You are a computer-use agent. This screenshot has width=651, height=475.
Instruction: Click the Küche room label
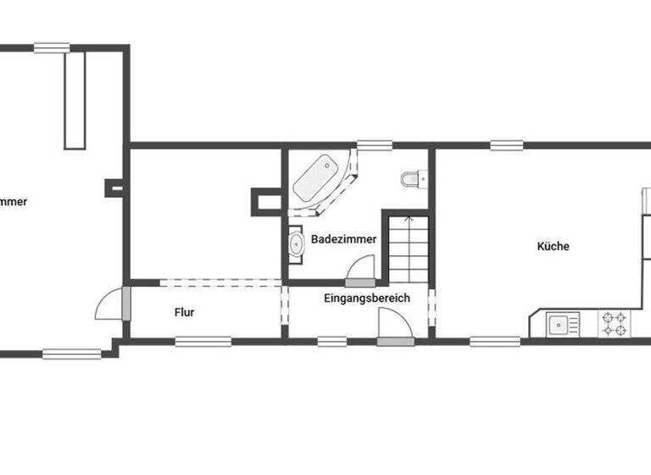[x=553, y=247]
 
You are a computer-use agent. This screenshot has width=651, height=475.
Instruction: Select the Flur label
[x=184, y=312]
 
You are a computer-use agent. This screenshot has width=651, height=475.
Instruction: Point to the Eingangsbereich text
[x=367, y=298]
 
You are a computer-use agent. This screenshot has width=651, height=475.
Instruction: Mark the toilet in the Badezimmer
[x=411, y=179]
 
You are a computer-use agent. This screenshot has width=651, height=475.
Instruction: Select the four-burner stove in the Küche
[x=615, y=323]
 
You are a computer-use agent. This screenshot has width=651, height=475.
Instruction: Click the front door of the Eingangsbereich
[x=392, y=327]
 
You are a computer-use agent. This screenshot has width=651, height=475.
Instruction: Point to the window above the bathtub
[x=370, y=145]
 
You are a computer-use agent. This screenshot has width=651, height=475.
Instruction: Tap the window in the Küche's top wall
[x=506, y=145]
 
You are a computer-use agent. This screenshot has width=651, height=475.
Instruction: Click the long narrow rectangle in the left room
[x=75, y=98]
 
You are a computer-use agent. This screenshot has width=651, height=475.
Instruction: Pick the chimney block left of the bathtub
[x=264, y=199]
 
